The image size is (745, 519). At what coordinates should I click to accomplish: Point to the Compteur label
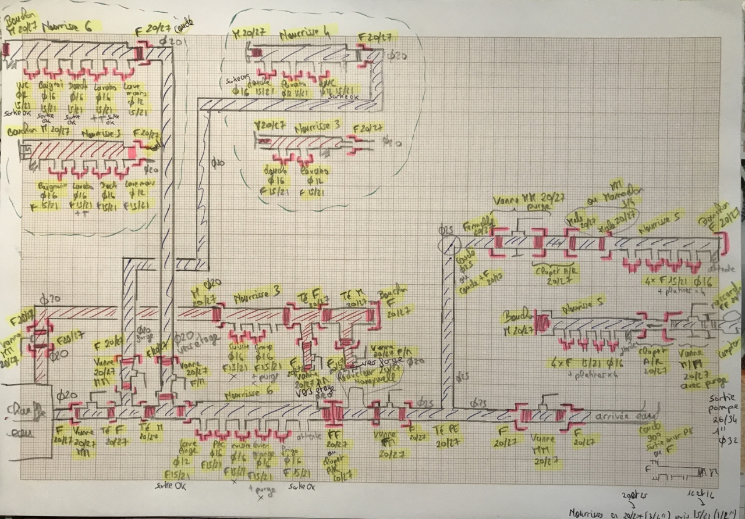(732, 352)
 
